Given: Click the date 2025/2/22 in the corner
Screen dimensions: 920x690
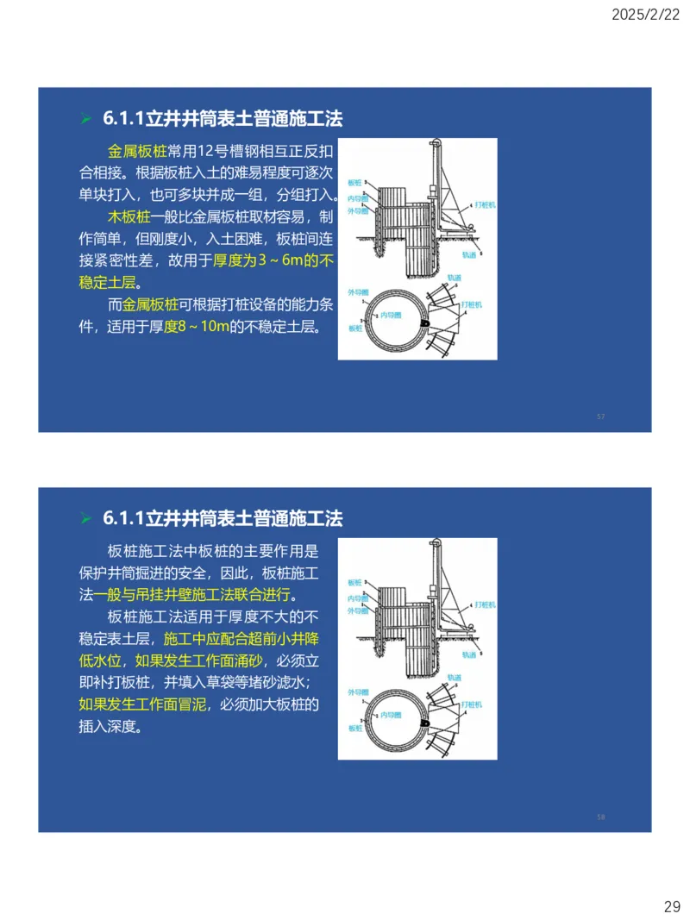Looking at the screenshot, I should (646, 15).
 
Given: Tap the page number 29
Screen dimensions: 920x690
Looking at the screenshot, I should (672, 906).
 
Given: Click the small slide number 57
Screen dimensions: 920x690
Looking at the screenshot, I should (601, 417).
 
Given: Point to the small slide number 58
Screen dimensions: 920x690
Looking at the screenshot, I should (601, 817).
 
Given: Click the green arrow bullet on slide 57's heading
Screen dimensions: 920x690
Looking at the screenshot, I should (85, 119).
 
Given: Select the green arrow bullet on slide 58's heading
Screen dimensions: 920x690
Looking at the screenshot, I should (85, 519).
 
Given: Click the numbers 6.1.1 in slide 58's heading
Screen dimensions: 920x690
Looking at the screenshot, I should (122, 519).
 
